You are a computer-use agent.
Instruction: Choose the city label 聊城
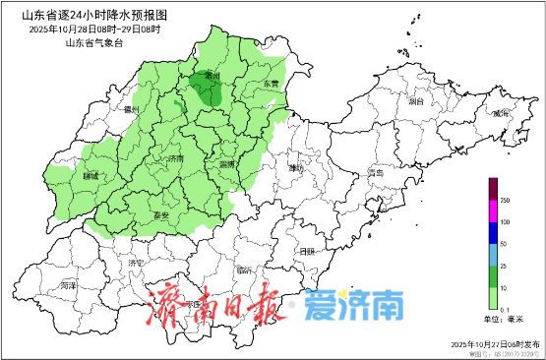[91, 177]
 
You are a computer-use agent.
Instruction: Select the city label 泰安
[163, 215]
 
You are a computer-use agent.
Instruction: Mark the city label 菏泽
[67, 285]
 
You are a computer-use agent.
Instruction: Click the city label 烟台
[415, 100]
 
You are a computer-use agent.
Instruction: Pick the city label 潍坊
[297, 168]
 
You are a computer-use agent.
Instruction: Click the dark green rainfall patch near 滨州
[208, 90]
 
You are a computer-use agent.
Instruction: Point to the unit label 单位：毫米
[504, 319]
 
